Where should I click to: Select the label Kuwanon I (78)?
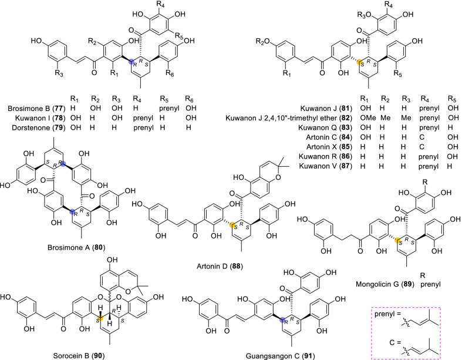pos(32,117)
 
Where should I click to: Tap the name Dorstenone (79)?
pos(32,126)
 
